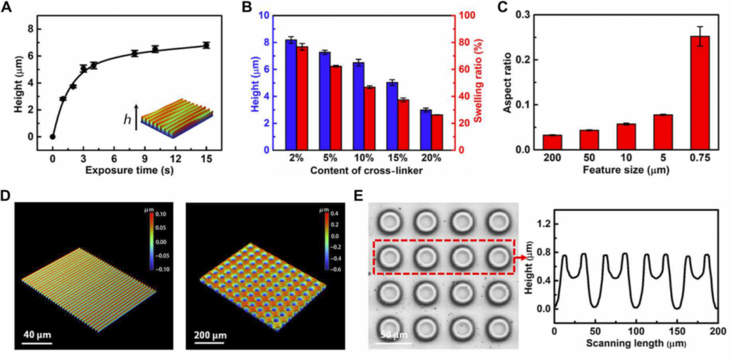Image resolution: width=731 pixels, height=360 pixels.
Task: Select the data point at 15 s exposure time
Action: [x=206, y=45]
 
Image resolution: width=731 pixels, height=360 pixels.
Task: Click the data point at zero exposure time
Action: [x=52, y=137]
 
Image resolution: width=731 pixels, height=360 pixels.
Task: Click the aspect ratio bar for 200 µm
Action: [x=552, y=142]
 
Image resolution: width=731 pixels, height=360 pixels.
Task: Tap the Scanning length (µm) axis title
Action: [x=635, y=342]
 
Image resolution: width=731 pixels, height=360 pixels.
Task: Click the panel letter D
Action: [x=9, y=194]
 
